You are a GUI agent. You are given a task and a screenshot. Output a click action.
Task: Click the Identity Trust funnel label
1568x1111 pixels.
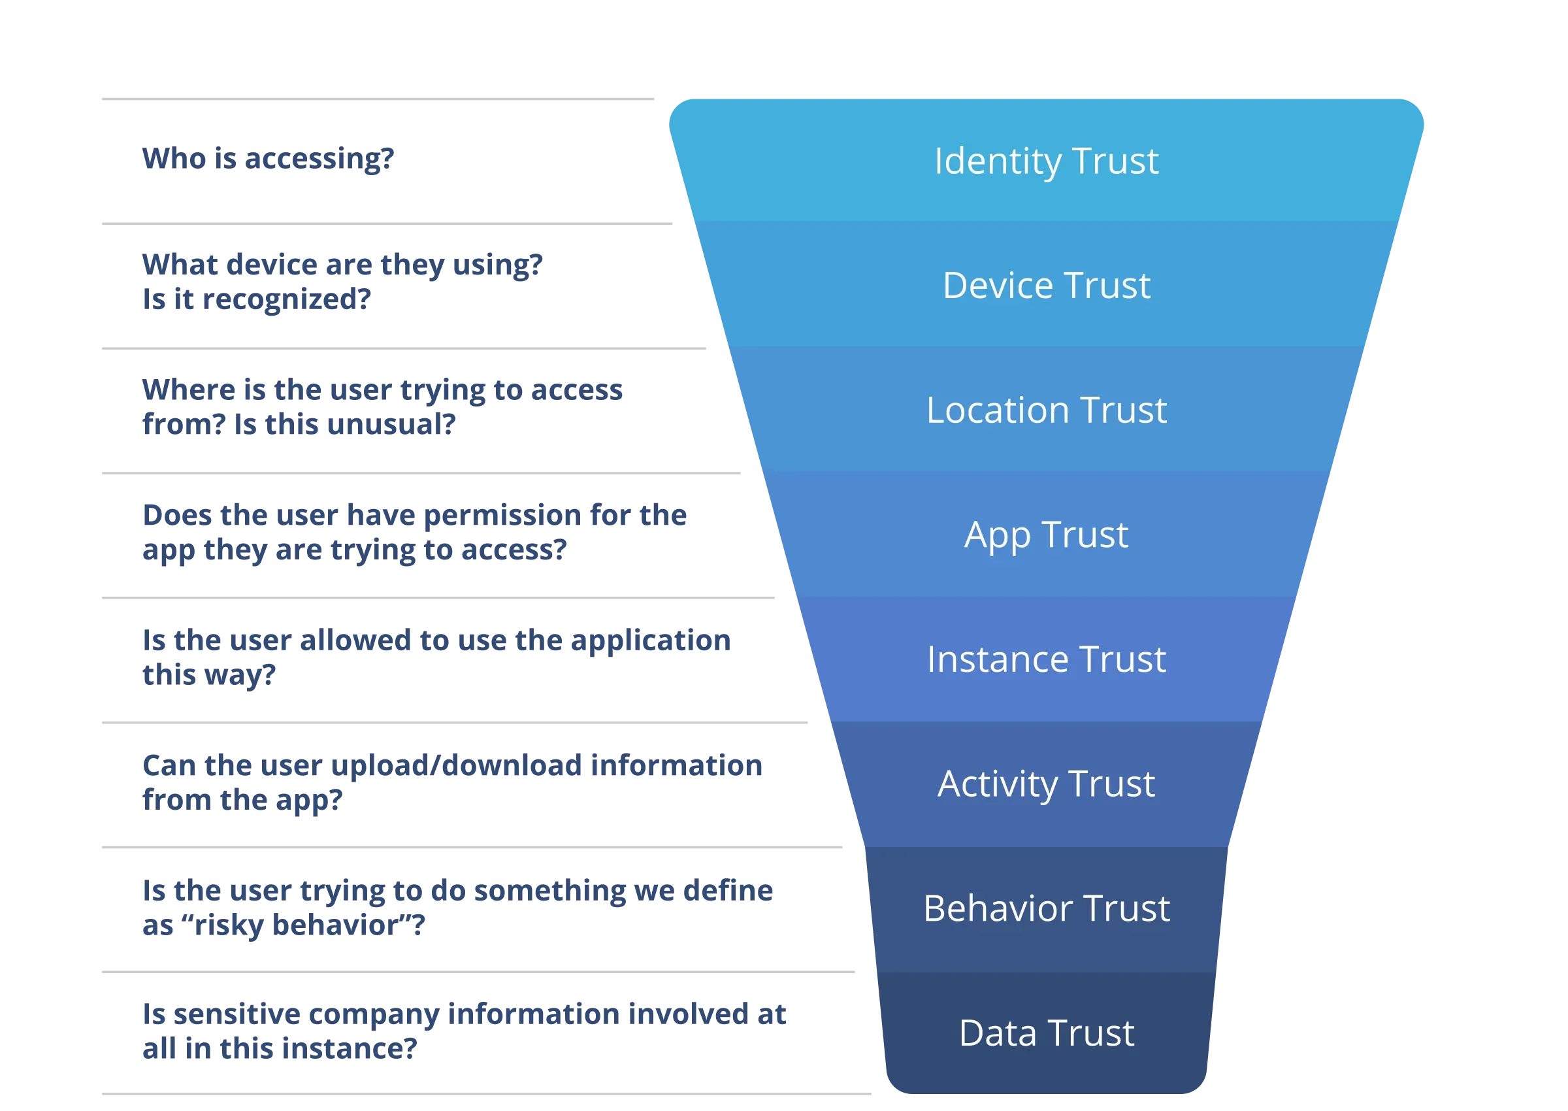click(x=1046, y=161)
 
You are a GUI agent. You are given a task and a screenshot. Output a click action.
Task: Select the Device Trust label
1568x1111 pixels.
click(x=1046, y=286)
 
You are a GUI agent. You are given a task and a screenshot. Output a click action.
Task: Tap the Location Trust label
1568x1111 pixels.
click(x=1046, y=410)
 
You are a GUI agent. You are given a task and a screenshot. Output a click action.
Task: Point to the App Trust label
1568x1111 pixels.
click(x=1046, y=536)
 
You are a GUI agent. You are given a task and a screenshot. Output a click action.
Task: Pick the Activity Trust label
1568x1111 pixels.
click(x=1046, y=785)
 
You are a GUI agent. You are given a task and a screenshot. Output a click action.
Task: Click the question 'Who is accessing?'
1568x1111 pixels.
click(x=268, y=159)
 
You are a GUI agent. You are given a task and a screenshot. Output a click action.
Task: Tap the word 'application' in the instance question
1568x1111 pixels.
click(x=651, y=642)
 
